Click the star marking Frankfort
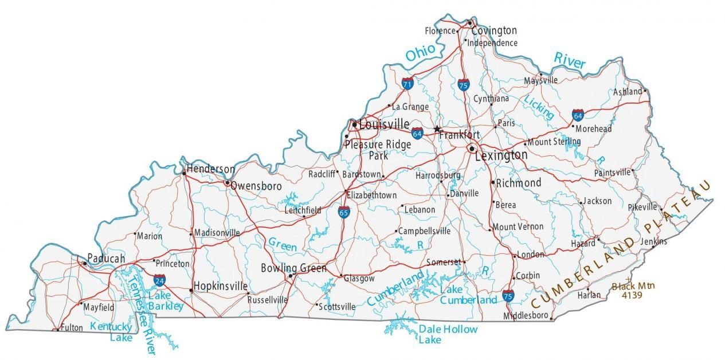pyautogui.click(x=438, y=129)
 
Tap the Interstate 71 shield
pyautogui.click(x=407, y=84)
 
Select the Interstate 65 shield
pyautogui.click(x=344, y=213)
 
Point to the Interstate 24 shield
pyautogui.click(x=159, y=280)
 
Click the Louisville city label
pyautogui.click(x=384, y=124)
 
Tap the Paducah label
pyautogui.click(x=106, y=259)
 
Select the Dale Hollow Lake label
pyautogui.click(x=439, y=334)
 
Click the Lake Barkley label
pyautogui.click(x=166, y=301)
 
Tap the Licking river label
pyautogui.click(x=539, y=107)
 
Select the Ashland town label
pyautogui.click(x=627, y=92)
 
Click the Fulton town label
pyautogui.click(x=72, y=328)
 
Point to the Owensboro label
pyautogui.click(x=256, y=186)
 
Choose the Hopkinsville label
pyautogui.click(x=221, y=286)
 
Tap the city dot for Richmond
pyautogui.click(x=492, y=182)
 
